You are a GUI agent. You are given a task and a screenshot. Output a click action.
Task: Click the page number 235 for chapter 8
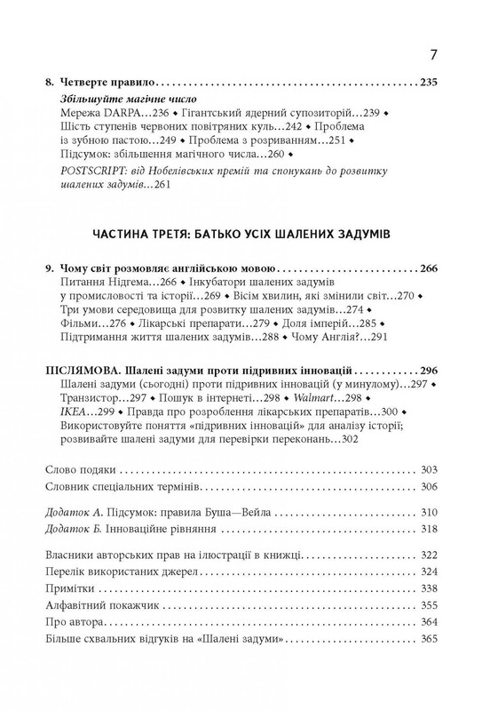(x=430, y=84)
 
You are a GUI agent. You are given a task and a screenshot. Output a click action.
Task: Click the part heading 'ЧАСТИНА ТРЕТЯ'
(x=146, y=233)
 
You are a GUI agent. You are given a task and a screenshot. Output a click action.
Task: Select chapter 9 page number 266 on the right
(x=430, y=268)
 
